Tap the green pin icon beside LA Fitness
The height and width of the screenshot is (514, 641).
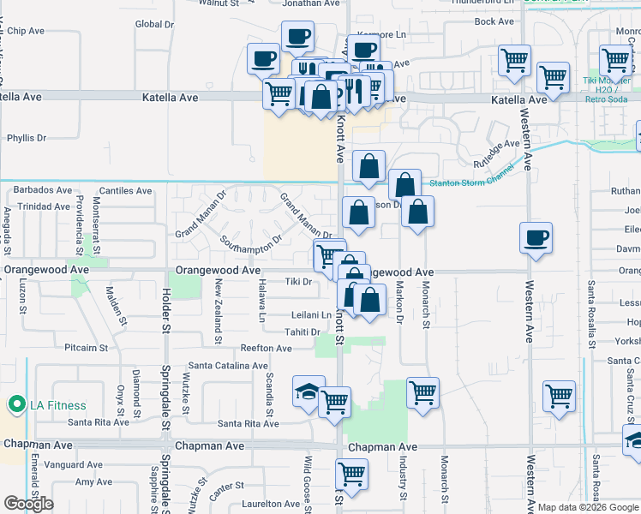pos(14,404)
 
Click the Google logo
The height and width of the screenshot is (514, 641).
pos(29,504)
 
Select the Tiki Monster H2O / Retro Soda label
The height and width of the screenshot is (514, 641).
pos(610,93)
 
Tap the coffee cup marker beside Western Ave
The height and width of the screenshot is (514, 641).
pos(536,237)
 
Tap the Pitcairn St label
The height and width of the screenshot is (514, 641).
pos(87,349)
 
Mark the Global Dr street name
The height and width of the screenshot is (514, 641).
pos(155,25)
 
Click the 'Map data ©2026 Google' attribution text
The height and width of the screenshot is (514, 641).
pos(587,507)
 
